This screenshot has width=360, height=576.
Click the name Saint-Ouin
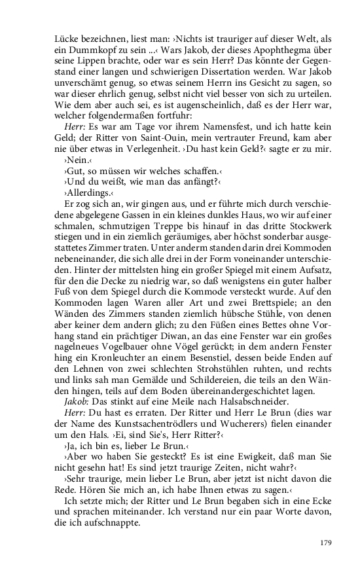174,136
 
